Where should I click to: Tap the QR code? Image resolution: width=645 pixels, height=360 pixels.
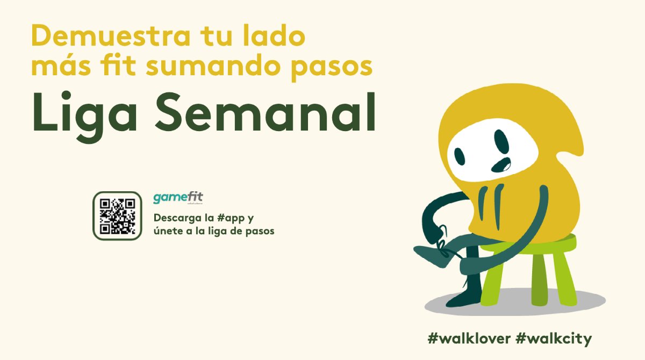point(117,215)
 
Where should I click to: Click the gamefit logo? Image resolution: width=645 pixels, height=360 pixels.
point(178,197)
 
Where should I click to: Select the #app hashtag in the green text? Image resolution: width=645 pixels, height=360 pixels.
point(230,219)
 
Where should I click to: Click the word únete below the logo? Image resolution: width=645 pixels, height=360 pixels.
point(168,231)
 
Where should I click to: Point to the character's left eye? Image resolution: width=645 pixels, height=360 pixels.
point(460,156)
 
